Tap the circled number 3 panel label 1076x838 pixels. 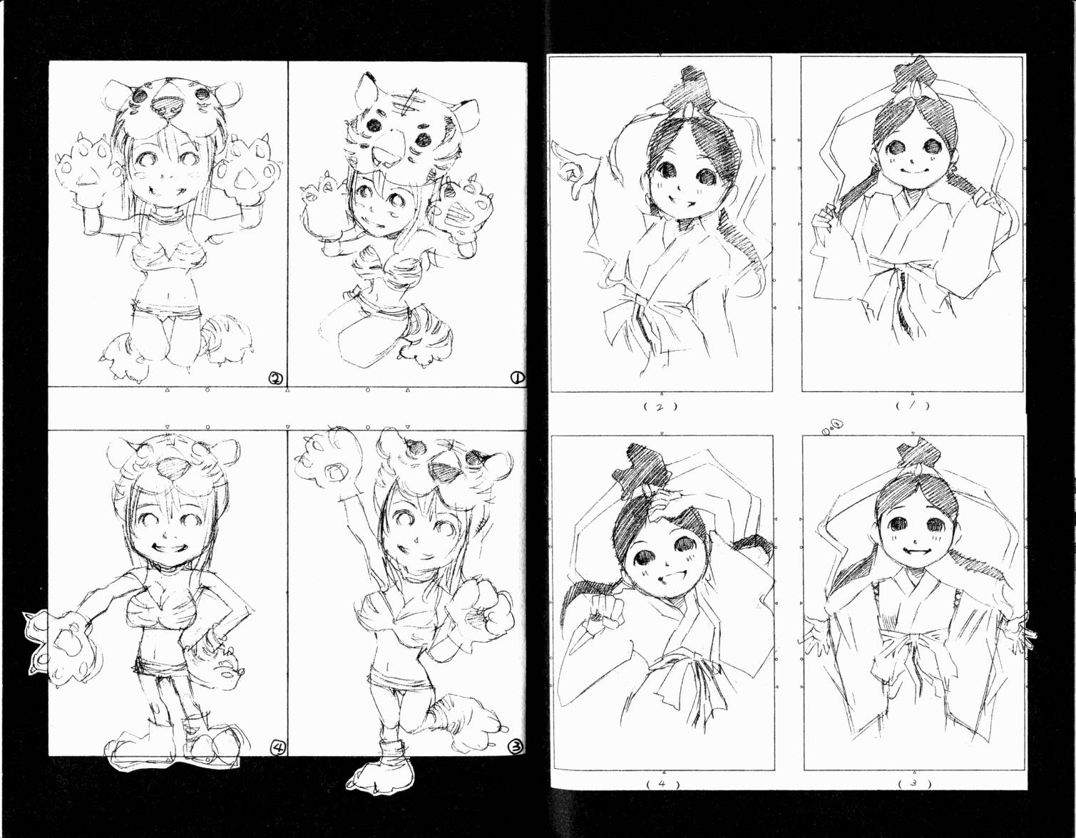(x=516, y=761)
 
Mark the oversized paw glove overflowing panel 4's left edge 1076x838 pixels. (x=57, y=643)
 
